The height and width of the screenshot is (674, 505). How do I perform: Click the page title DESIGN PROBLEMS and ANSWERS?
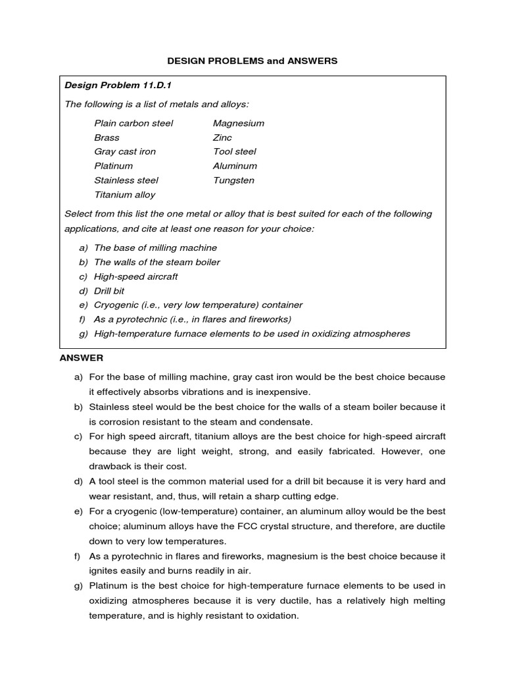252,61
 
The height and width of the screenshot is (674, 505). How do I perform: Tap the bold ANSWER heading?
82,358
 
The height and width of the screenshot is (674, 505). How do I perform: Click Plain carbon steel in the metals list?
133,123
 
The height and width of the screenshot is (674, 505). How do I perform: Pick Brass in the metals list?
107,138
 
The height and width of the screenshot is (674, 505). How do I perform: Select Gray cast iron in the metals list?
125,151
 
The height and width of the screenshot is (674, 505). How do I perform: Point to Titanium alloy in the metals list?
125,195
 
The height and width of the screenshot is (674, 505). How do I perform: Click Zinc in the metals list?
222,138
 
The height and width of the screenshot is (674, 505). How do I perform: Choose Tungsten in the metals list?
233,180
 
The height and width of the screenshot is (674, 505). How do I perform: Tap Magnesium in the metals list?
239,123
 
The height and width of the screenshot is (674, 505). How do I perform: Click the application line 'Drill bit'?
109,291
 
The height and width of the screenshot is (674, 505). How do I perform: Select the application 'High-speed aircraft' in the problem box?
136,276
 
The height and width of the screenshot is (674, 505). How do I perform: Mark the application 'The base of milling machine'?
155,248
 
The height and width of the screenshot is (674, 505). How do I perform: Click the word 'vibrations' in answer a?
186,392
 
